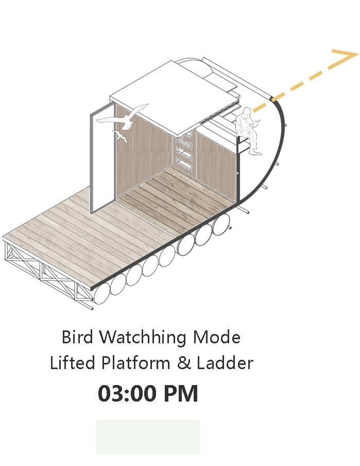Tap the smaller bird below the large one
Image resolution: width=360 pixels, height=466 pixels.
tap(121, 137)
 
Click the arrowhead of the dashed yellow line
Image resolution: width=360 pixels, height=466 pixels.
tap(346, 58)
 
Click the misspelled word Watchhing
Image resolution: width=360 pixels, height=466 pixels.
tap(143, 338)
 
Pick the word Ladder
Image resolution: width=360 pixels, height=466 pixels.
tap(225, 363)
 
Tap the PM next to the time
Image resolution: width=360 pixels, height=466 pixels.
tap(181, 394)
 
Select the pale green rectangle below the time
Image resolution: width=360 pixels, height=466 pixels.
tap(148, 436)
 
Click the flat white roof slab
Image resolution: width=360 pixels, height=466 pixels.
tap(170, 90)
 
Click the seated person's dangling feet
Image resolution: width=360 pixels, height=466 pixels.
tap(254, 152)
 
